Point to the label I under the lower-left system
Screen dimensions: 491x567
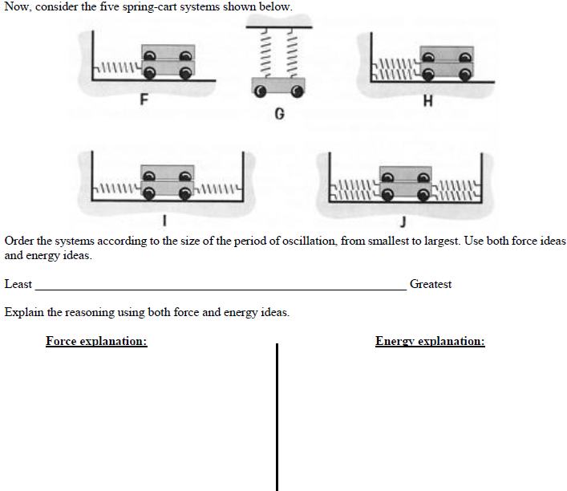tap(164, 217)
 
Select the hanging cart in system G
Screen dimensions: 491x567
tap(277, 87)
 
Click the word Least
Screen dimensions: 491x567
tap(18, 284)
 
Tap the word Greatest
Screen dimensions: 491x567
tap(431, 284)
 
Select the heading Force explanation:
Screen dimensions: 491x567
tap(96, 341)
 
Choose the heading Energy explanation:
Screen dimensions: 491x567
tap(430, 341)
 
